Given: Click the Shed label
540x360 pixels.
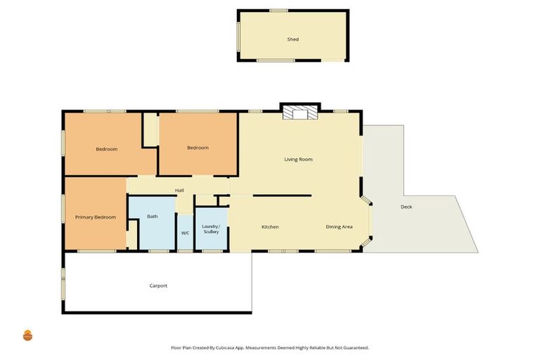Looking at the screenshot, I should click(x=292, y=39).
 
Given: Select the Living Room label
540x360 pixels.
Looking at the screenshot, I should click(x=298, y=160).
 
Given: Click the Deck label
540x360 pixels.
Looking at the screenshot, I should click(x=406, y=207).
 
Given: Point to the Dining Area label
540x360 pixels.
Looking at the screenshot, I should click(x=339, y=227).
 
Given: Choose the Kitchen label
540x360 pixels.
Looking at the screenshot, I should click(x=270, y=227).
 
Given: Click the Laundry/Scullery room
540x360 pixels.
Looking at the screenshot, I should click(x=211, y=229).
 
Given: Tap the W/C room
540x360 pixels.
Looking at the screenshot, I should click(x=185, y=233).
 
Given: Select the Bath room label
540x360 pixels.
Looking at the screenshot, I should click(x=152, y=217).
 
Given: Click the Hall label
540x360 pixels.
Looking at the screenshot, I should click(x=179, y=191).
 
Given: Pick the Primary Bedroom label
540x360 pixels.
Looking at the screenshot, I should click(x=95, y=217).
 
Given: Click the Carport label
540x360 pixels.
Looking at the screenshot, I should click(x=158, y=285).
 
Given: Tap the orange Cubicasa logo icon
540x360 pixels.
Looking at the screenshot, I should click(x=27, y=335).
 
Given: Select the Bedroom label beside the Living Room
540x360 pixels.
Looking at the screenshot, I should click(x=198, y=148).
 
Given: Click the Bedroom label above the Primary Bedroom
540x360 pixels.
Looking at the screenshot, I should click(x=106, y=149).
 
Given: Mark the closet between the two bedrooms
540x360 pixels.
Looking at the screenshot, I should click(x=150, y=129).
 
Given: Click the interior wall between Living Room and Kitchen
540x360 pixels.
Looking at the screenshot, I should click(x=281, y=195).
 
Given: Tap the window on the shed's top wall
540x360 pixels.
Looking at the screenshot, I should click(x=278, y=11).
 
